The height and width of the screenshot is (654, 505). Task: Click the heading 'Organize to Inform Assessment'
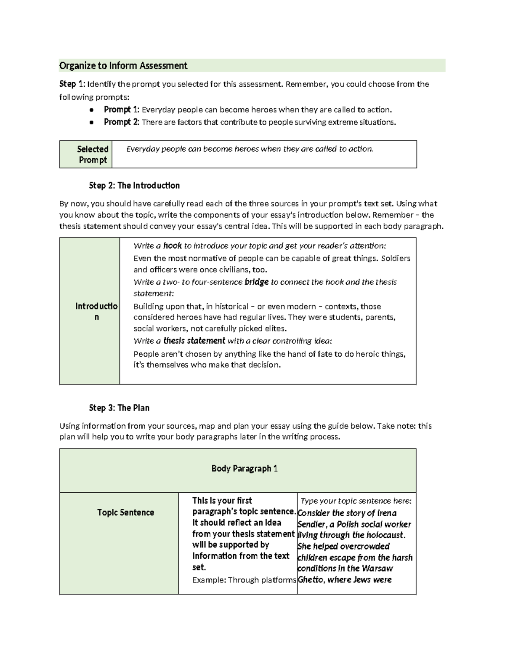click(x=123, y=66)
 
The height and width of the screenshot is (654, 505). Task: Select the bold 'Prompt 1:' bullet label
click(x=121, y=110)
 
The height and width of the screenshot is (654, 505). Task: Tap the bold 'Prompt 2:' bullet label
click(x=121, y=122)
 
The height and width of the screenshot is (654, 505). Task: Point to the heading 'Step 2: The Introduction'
click(x=134, y=186)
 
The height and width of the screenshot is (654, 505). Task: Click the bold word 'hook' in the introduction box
click(x=173, y=246)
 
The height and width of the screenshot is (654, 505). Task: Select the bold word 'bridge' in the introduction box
click(x=256, y=282)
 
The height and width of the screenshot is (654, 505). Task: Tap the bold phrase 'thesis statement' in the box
click(x=194, y=341)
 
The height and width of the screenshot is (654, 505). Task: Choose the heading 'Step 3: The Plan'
click(x=119, y=408)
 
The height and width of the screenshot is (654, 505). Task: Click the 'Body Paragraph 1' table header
click(x=244, y=469)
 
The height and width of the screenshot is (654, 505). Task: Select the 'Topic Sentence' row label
click(x=125, y=513)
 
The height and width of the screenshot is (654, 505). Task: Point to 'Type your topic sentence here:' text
click(x=356, y=501)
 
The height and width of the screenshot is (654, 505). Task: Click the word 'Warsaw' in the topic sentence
click(x=377, y=569)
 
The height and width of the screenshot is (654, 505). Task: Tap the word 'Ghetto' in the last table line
click(x=311, y=580)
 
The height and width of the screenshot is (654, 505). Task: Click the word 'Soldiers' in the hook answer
click(x=395, y=259)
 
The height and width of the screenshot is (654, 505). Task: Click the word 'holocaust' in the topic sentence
click(x=384, y=535)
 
